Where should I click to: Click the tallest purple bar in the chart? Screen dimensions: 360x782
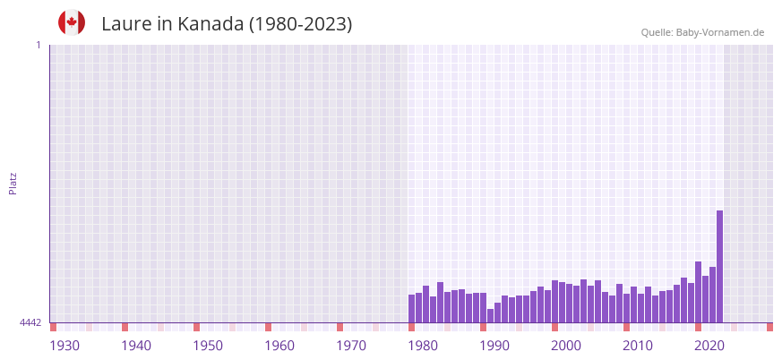(x=719, y=266)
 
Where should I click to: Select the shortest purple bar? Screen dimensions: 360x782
(x=490, y=315)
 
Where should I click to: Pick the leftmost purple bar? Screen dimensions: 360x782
(x=411, y=308)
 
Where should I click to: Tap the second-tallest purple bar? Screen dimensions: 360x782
(x=698, y=291)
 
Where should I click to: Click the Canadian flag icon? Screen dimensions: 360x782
(x=72, y=23)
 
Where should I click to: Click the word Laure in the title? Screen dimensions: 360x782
(x=126, y=24)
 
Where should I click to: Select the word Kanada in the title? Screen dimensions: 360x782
(x=209, y=24)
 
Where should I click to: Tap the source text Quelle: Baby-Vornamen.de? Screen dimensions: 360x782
(x=702, y=32)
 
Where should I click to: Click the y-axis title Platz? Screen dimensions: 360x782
(x=13, y=184)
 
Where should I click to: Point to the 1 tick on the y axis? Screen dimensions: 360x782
(x=38, y=45)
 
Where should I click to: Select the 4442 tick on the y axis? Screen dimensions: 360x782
(x=30, y=322)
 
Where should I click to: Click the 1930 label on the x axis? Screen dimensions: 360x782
(x=64, y=346)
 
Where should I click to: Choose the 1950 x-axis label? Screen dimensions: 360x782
(x=208, y=346)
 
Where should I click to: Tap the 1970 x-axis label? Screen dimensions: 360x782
(x=351, y=346)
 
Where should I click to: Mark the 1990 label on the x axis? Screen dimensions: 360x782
(x=494, y=346)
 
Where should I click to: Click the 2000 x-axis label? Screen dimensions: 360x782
(x=566, y=346)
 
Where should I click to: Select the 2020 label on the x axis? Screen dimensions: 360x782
(x=709, y=346)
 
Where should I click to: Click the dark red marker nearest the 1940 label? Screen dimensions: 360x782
(x=125, y=327)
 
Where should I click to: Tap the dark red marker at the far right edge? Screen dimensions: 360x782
(x=769, y=327)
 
